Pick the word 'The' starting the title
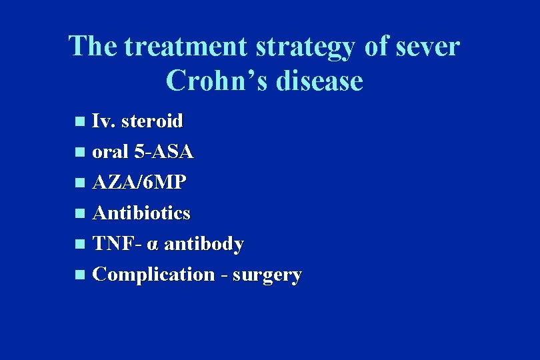tap(93, 47)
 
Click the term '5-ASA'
tap(163, 152)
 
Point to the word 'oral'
tap(111, 152)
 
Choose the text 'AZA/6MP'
tap(140, 183)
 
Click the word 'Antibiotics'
tap(141, 213)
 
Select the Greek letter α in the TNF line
tap(153, 245)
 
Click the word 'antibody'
tap(204, 244)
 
